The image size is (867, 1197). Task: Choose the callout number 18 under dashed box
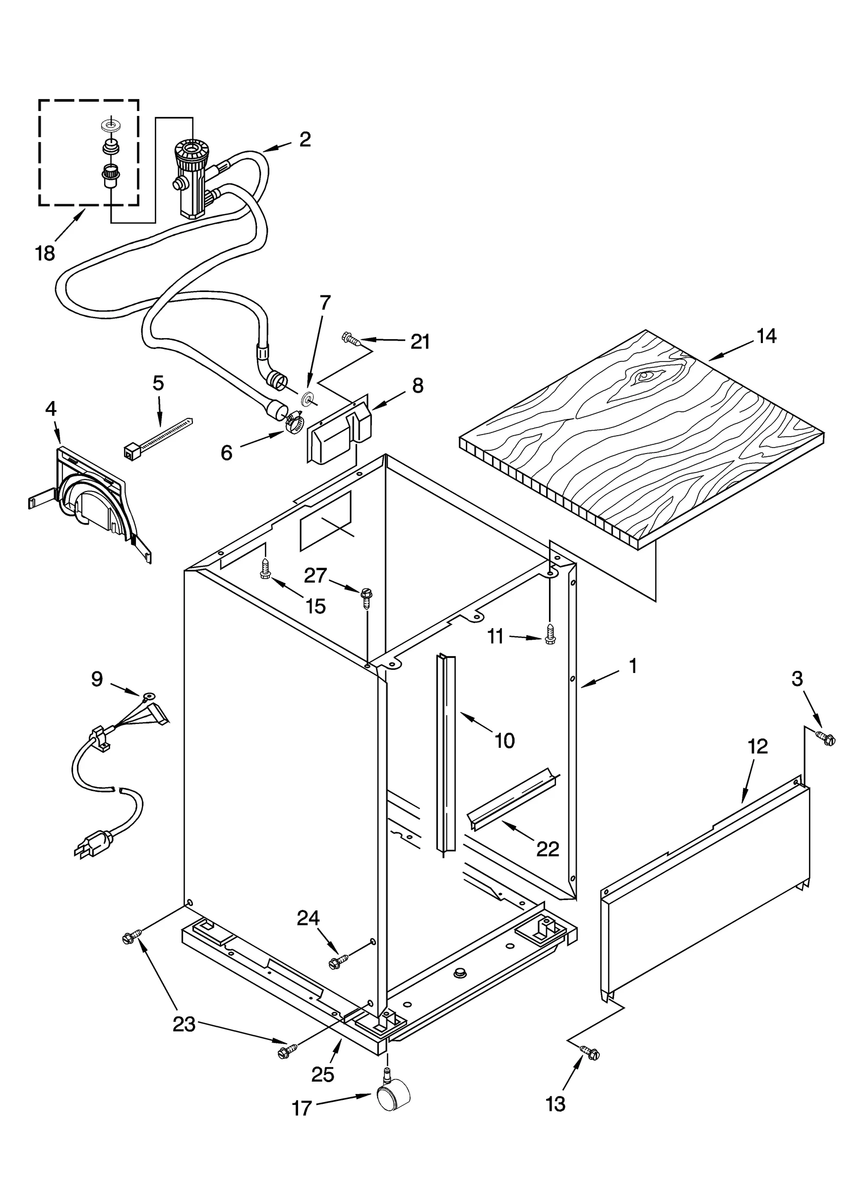click(x=46, y=253)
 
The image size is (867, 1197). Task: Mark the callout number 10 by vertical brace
click(x=505, y=740)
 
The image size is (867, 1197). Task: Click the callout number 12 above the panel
click(x=758, y=747)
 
